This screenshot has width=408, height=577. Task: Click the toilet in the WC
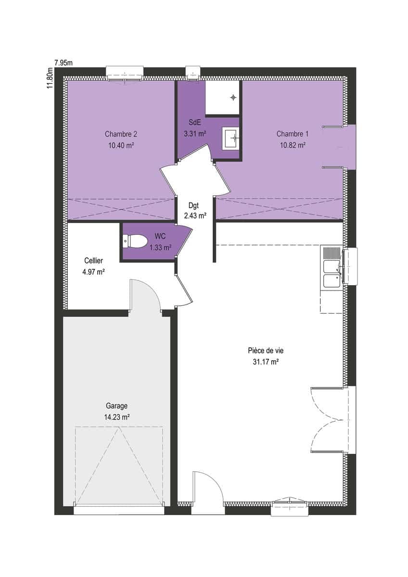point(135,241)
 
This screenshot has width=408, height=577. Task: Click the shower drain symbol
point(233,97)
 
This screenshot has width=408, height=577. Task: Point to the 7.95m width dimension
point(64,63)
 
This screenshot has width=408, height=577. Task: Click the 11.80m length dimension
point(50,78)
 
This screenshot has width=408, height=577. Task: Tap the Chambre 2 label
point(121,134)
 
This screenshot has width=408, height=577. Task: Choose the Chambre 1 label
point(293,134)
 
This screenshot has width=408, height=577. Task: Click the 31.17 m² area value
point(266,362)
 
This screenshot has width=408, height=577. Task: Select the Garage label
point(117,406)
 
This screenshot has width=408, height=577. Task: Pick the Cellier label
point(93,261)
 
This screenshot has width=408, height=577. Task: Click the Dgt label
point(194,205)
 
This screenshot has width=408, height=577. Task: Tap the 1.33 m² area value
point(161,248)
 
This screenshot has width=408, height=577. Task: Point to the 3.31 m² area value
point(195,134)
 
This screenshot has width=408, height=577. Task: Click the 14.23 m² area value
point(117,417)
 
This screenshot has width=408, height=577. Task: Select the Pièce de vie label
point(266,351)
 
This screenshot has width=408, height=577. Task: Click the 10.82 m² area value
point(293,145)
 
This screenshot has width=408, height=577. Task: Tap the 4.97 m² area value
point(93,272)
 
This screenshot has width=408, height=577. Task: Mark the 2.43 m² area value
point(195,215)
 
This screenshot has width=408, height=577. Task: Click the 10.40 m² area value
point(121,145)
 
